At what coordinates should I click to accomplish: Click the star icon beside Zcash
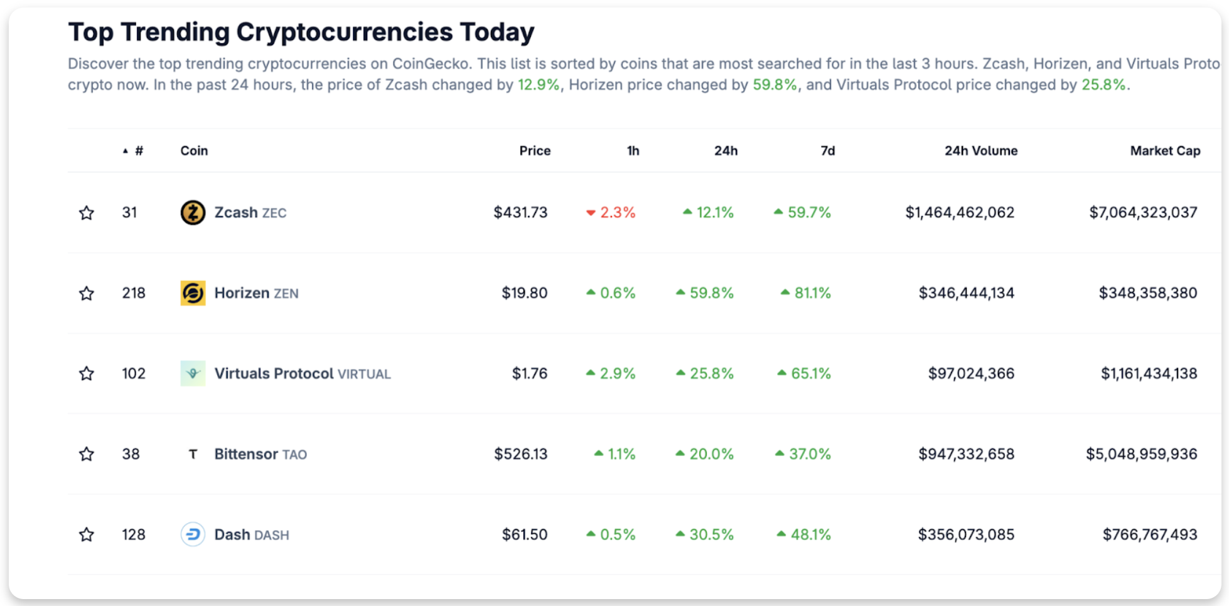coord(87,213)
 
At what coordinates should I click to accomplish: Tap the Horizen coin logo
coord(193,293)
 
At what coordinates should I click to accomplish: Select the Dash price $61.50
coord(524,534)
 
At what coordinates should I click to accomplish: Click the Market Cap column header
coord(1164,151)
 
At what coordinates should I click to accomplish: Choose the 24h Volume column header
coord(980,151)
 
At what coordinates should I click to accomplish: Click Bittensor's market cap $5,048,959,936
coord(1141,454)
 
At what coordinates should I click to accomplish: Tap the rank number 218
coord(133,293)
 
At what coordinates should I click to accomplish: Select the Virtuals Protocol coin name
coord(274,373)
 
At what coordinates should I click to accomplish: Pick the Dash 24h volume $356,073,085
coord(965,534)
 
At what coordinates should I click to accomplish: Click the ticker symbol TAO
coord(294,454)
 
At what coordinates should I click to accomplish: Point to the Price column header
coord(535,151)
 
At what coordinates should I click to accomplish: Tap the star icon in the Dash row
coord(87,534)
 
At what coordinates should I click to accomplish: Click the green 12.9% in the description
coord(539,85)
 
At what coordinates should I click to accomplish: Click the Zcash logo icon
coord(193,213)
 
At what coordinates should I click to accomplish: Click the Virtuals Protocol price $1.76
coord(529,373)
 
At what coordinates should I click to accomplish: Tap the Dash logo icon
coord(193,534)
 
